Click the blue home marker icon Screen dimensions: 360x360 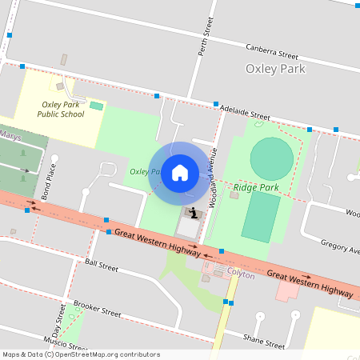[180, 172]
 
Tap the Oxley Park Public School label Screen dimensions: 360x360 [61, 109]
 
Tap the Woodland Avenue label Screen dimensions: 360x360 [214, 178]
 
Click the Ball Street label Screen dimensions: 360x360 [102, 263]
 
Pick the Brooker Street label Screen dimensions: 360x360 [96, 308]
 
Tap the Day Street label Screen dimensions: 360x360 [58, 326]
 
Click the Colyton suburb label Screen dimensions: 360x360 [240, 274]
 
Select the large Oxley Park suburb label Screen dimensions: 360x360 [276, 69]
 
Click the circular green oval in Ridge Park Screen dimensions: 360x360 [271, 158]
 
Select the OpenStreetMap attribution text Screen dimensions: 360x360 [81, 354]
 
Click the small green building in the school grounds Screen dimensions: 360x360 [96, 106]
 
